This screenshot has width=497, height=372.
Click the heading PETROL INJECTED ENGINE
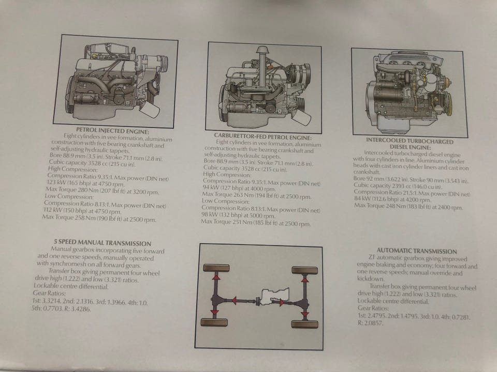click(112, 131)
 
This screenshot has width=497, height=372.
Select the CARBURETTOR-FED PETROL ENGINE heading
click(263, 137)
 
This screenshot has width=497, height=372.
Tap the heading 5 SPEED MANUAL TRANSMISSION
click(103, 243)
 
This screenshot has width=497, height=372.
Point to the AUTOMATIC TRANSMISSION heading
click(417, 251)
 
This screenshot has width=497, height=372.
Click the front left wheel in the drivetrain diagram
click(216, 268)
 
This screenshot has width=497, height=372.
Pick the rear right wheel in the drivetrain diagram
click(304, 324)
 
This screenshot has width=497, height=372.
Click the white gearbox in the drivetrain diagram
click(274, 297)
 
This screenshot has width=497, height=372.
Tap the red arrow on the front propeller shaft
click(233, 300)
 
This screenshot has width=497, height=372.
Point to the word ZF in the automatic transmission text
click(372, 257)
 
